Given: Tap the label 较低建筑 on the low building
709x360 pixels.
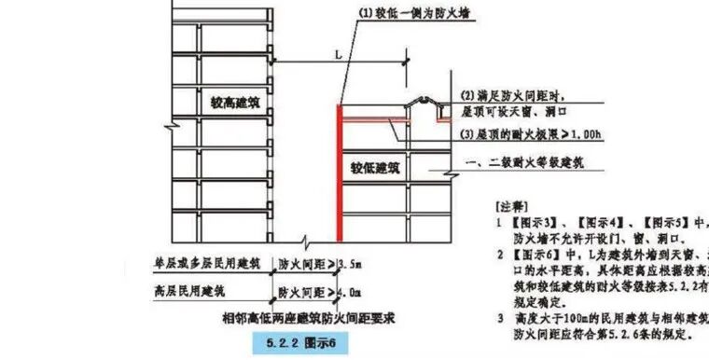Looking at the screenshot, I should (375, 169).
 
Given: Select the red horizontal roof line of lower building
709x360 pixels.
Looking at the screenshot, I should (378, 120).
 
